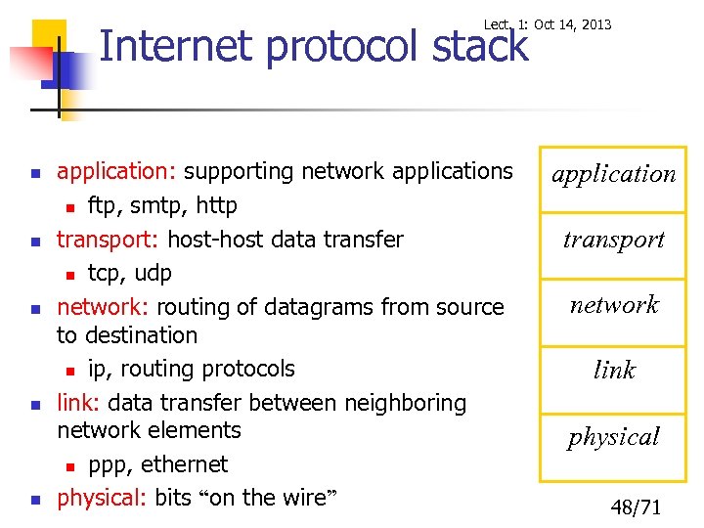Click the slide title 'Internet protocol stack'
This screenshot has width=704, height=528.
coord(313,47)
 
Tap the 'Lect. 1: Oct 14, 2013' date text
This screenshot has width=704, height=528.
coord(548,24)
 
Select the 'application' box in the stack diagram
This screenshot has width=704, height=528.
coord(614,175)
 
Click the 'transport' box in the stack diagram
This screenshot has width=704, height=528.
coord(614,240)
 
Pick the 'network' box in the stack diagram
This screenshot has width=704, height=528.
coord(614,305)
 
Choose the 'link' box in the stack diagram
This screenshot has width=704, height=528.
coord(614,371)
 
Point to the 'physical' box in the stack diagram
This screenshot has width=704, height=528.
coord(614,437)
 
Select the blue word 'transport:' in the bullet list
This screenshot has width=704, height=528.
coord(109,240)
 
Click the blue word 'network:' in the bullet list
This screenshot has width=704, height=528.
coord(103,307)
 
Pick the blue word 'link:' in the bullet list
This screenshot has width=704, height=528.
coord(79,403)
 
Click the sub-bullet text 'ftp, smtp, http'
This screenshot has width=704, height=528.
coord(162,206)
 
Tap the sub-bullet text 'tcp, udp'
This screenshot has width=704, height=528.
coord(129,273)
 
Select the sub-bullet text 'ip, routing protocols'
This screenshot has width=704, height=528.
coord(191,369)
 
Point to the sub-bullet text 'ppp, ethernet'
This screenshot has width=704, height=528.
coord(157,464)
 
